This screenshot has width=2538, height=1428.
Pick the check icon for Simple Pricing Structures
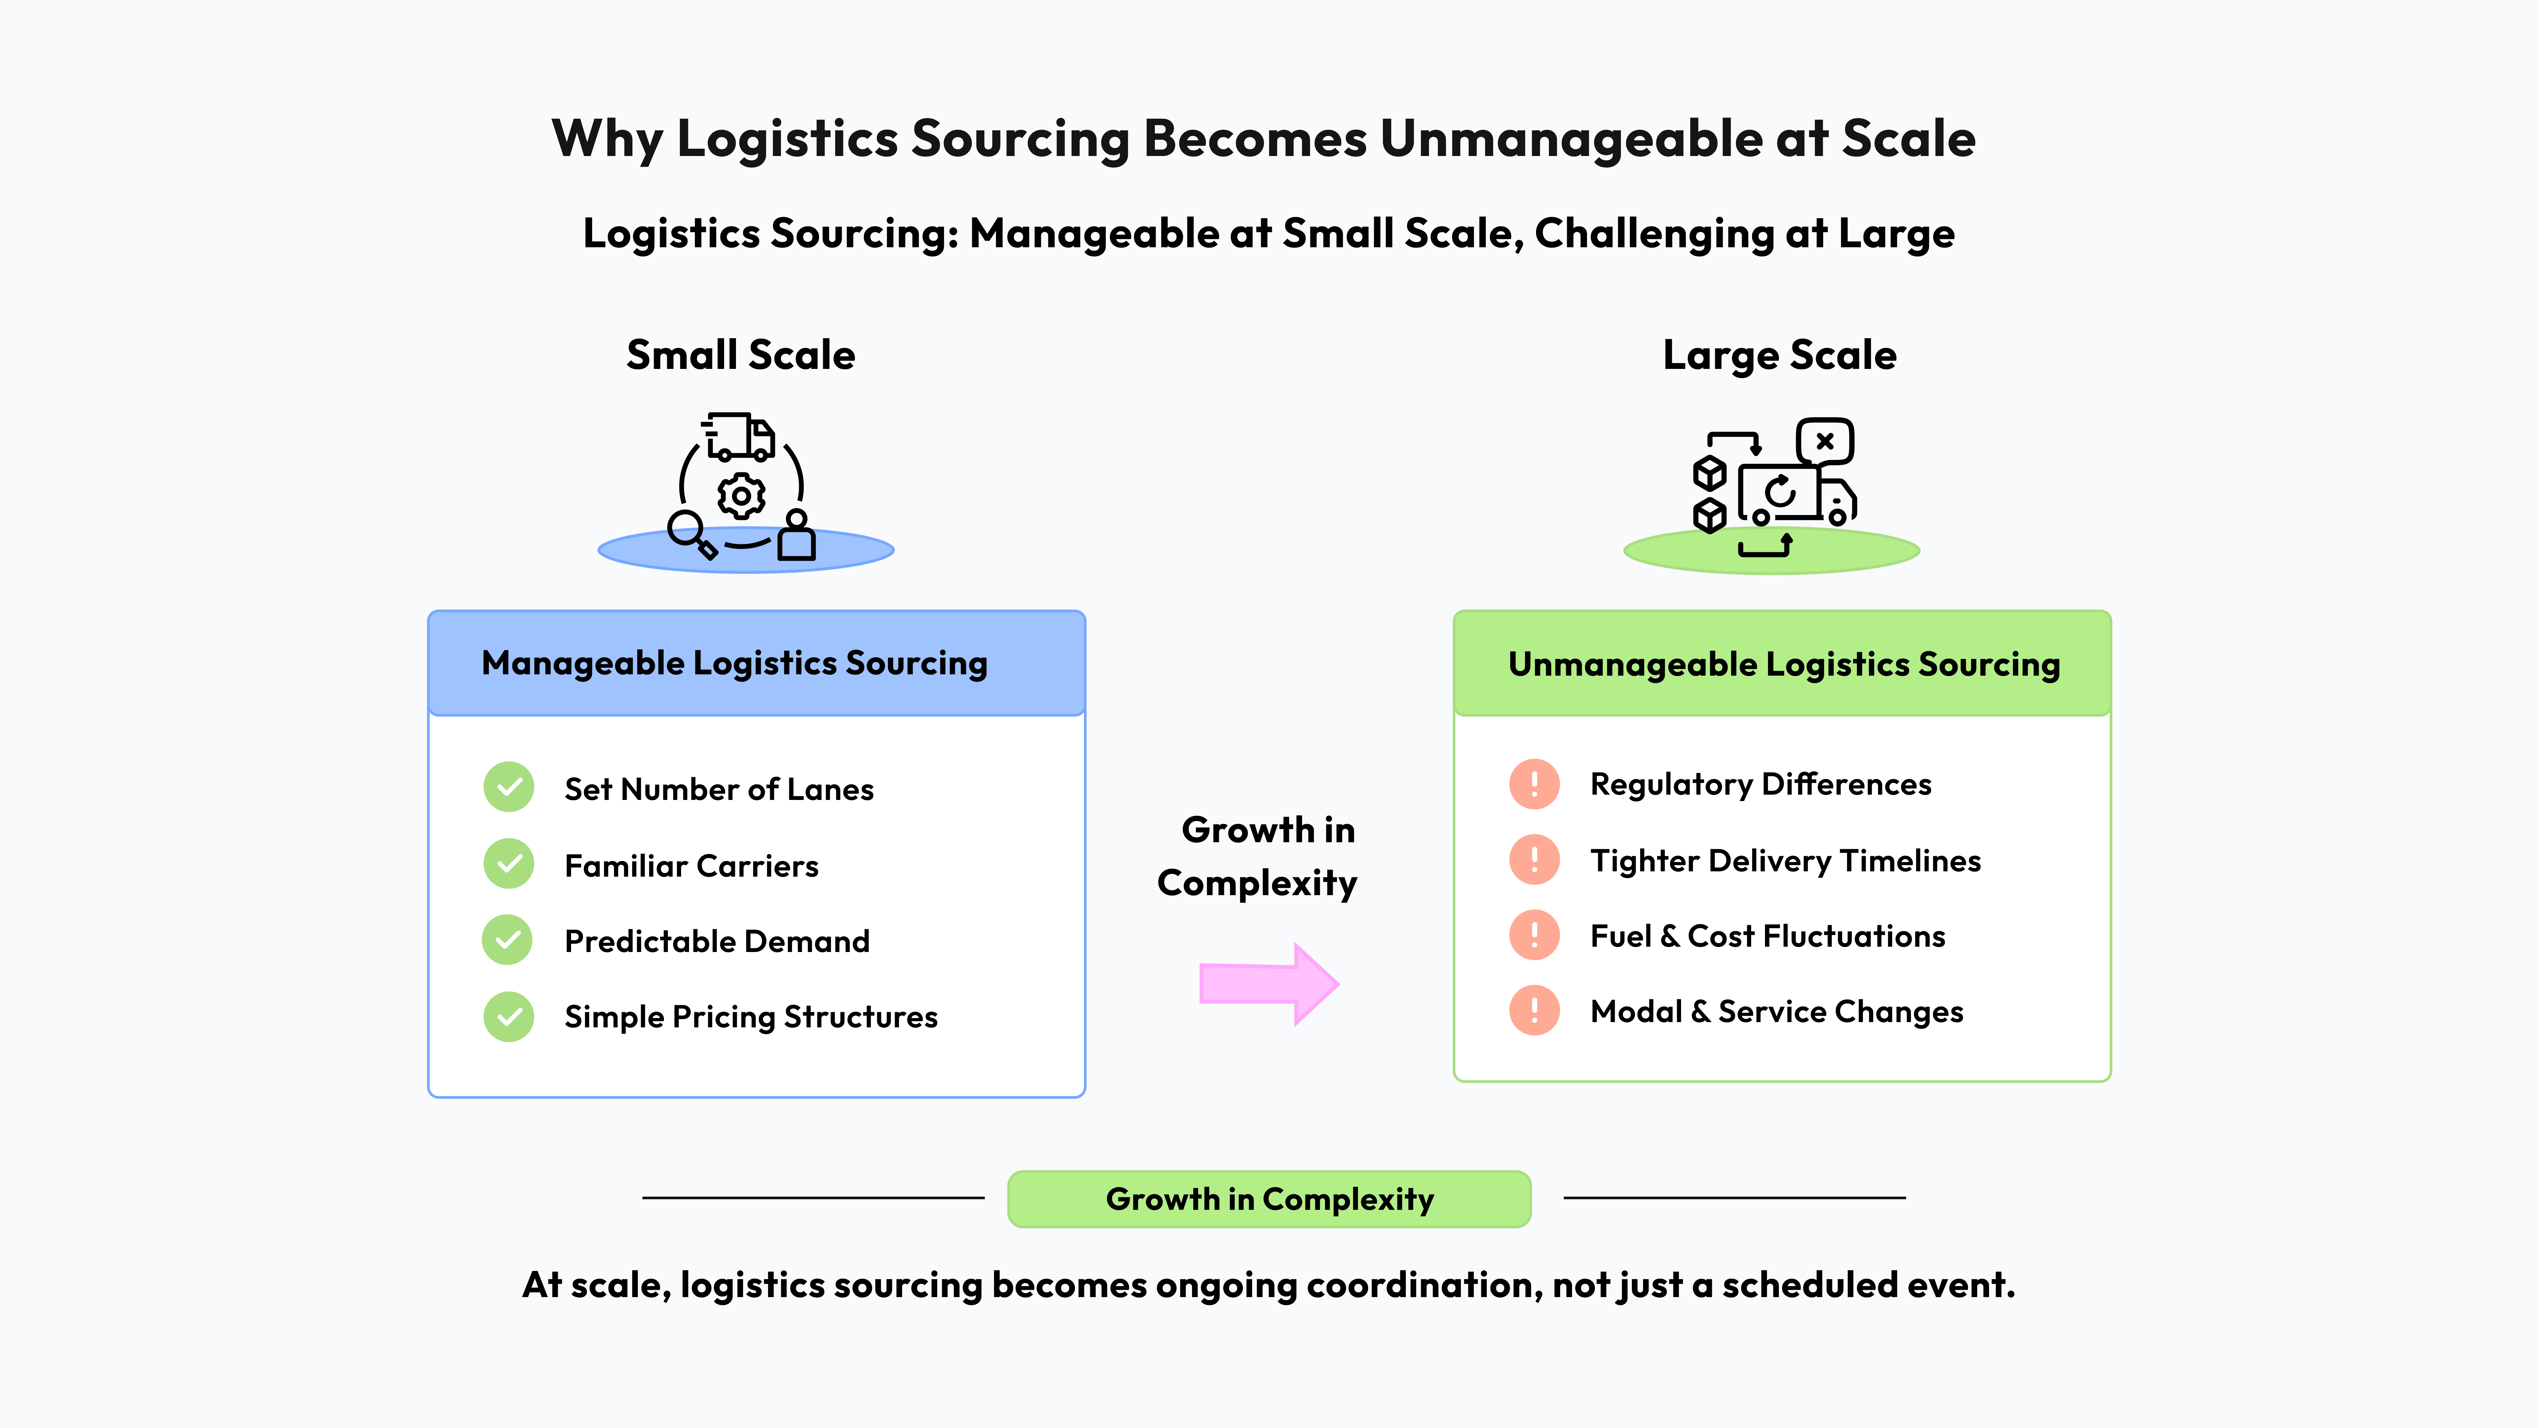(x=508, y=1016)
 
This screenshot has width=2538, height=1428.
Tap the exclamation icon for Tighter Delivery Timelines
(x=1534, y=859)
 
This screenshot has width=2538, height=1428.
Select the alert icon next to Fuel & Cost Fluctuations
(x=1534, y=935)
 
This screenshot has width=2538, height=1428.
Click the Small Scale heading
(x=741, y=355)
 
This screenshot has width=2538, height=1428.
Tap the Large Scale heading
(x=1779, y=355)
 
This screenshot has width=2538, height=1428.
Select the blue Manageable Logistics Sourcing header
(x=756, y=663)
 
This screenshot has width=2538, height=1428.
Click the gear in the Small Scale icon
(x=741, y=496)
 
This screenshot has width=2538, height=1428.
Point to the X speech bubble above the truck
(x=1825, y=441)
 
